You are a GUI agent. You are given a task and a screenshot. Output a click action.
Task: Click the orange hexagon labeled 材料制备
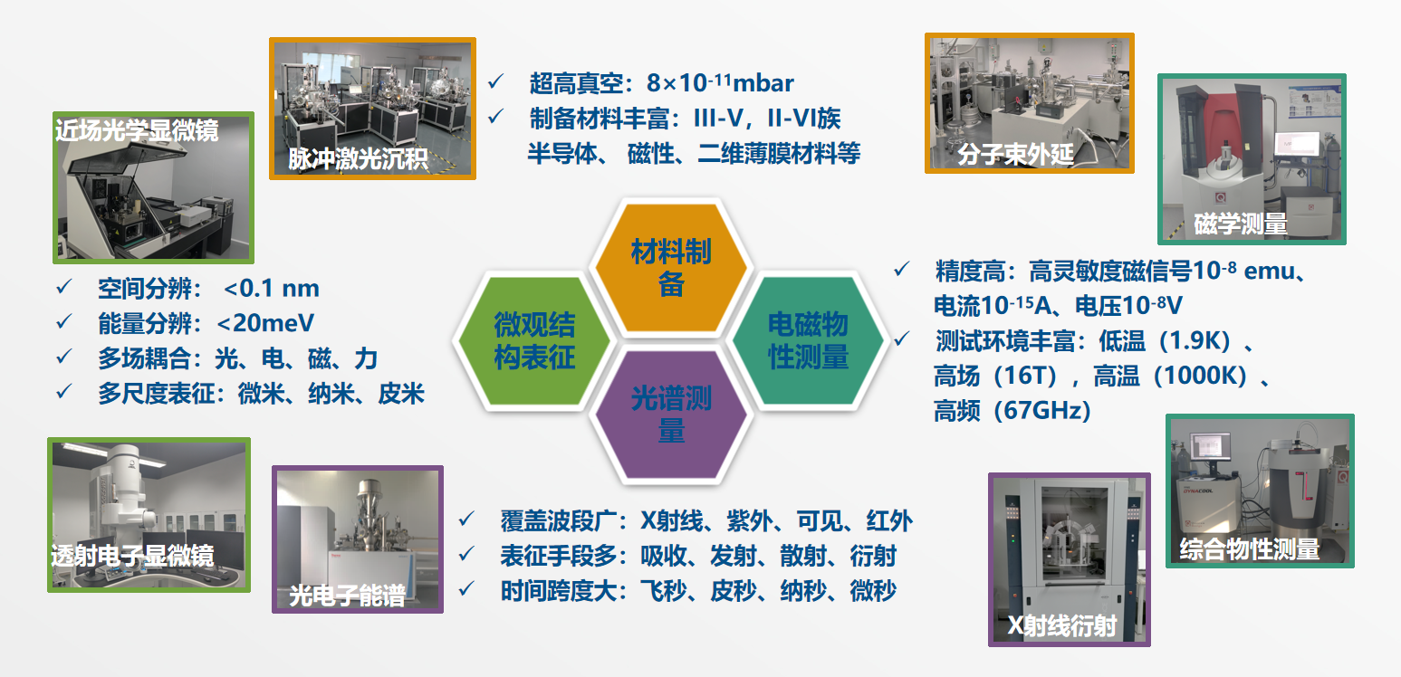click(671, 268)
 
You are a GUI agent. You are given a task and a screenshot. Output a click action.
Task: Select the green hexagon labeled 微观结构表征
click(534, 340)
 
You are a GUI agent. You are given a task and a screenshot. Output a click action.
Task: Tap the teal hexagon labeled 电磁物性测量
click(808, 340)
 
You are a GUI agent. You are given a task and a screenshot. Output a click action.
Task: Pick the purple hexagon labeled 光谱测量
click(671, 415)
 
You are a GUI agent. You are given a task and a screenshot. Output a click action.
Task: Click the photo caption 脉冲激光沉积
click(358, 158)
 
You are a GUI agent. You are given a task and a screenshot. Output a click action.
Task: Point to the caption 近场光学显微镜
click(137, 130)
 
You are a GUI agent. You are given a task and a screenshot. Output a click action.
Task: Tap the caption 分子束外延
click(1016, 154)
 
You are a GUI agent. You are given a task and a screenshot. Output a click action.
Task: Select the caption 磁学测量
click(1241, 224)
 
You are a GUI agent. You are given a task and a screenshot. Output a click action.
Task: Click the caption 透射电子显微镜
click(132, 555)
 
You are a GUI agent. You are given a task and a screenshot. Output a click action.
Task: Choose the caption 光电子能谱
click(347, 596)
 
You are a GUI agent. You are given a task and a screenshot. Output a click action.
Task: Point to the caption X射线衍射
click(1062, 625)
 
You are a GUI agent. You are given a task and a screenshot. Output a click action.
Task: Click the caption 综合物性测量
click(1250, 548)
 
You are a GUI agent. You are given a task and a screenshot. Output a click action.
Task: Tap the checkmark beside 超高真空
click(496, 81)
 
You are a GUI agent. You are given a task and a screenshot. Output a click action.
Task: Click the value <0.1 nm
click(272, 288)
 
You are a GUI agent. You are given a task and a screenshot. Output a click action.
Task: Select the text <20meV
click(265, 323)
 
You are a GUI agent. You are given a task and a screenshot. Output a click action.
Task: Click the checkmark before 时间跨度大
click(466, 589)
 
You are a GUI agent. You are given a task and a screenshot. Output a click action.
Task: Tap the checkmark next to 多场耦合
click(64, 357)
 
